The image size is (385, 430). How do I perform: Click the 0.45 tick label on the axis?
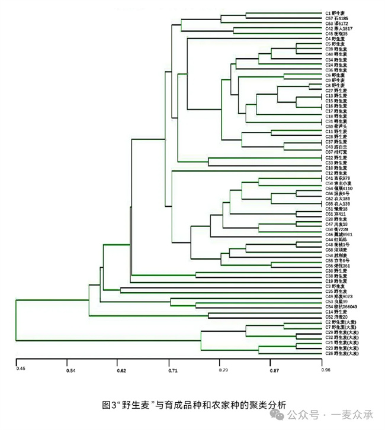pos(21,370)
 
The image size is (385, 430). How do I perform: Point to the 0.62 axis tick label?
pos(121,370)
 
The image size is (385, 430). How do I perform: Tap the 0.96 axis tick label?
pos(325,370)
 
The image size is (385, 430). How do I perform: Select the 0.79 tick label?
pos(223,370)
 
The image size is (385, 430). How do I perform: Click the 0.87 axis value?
pos(274,370)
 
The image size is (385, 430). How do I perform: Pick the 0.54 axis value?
pos(70,370)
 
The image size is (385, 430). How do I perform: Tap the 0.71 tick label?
pos(172,370)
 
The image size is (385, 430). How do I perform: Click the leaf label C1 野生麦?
pos(337,12)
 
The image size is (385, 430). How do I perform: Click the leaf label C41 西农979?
pos(339,178)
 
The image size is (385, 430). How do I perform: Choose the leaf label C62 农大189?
pos(339,198)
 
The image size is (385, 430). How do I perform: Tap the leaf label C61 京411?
pos(336,214)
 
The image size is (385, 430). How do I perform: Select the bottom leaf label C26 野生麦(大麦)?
pos(343,353)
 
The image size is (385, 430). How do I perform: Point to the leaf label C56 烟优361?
pos(339,266)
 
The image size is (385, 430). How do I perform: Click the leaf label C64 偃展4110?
pos(340,188)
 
